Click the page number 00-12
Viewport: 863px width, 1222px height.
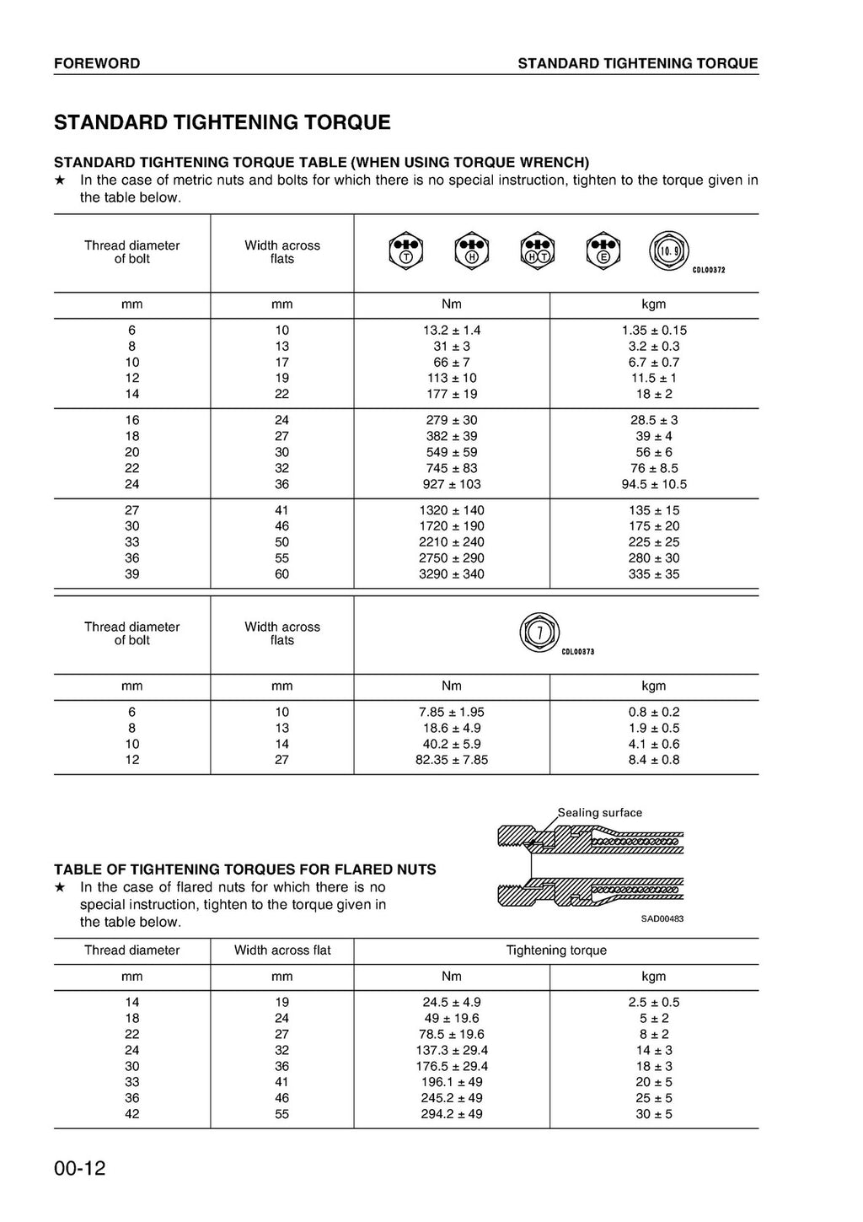pyautogui.click(x=80, y=1169)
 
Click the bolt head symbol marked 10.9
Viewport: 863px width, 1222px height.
pyautogui.click(x=669, y=250)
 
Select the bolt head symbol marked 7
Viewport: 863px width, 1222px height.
pyautogui.click(x=540, y=632)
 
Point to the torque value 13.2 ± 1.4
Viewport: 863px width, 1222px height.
pyautogui.click(x=452, y=331)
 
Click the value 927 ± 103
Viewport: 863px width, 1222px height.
pyautogui.click(x=452, y=484)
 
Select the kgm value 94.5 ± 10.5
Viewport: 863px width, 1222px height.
pyautogui.click(x=654, y=484)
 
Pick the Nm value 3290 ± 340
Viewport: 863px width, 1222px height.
pyautogui.click(x=452, y=574)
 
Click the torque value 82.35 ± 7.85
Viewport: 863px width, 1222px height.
pyautogui.click(x=452, y=760)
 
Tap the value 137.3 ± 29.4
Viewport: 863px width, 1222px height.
pyautogui.click(x=452, y=1051)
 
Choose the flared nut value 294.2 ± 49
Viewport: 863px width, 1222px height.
pyautogui.click(x=452, y=1114)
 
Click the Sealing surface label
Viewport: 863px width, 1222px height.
pyautogui.click(x=600, y=813)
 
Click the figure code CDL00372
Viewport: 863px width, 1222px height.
pyautogui.click(x=709, y=271)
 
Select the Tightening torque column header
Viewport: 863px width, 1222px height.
pyautogui.click(x=556, y=950)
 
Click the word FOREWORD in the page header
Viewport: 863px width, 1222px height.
pyautogui.click(x=97, y=63)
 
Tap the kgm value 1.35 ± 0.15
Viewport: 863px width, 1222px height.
pyautogui.click(x=654, y=331)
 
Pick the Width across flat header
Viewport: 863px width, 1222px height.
pyautogui.click(x=282, y=950)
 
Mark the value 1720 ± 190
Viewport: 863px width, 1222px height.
pyautogui.click(x=452, y=526)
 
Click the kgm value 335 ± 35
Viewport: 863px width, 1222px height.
pyautogui.click(x=654, y=574)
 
